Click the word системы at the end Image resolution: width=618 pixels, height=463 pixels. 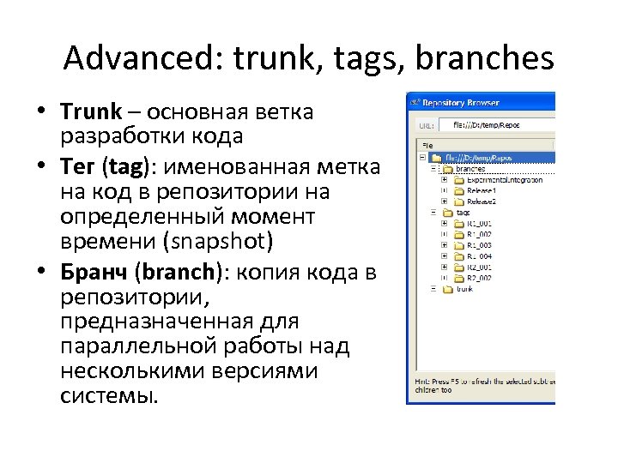tap(110, 397)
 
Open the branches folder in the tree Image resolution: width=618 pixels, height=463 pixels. tap(470, 169)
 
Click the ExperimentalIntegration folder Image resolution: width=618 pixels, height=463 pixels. tap(505, 180)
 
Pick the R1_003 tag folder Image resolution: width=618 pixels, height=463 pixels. tap(479, 245)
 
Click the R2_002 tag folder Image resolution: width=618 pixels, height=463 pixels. tap(479, 278)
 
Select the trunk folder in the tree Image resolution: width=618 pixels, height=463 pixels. tap(464, 289)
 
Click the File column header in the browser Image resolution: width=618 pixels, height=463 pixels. tap(430, 146)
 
